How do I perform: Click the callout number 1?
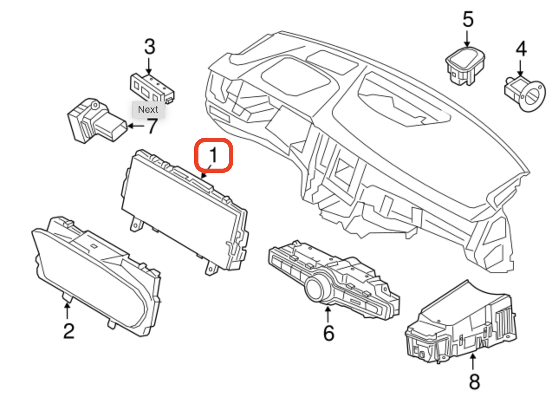(213, 155)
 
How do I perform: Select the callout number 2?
(68, 332)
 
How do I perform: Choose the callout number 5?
(468, 20)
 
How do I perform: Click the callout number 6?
(328, 333)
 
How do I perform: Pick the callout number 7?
(151, 126)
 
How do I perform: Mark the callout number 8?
(474, 382)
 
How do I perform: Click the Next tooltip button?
(148, 110)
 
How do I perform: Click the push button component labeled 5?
(465, 65)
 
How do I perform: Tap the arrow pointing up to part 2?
(67, 311)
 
